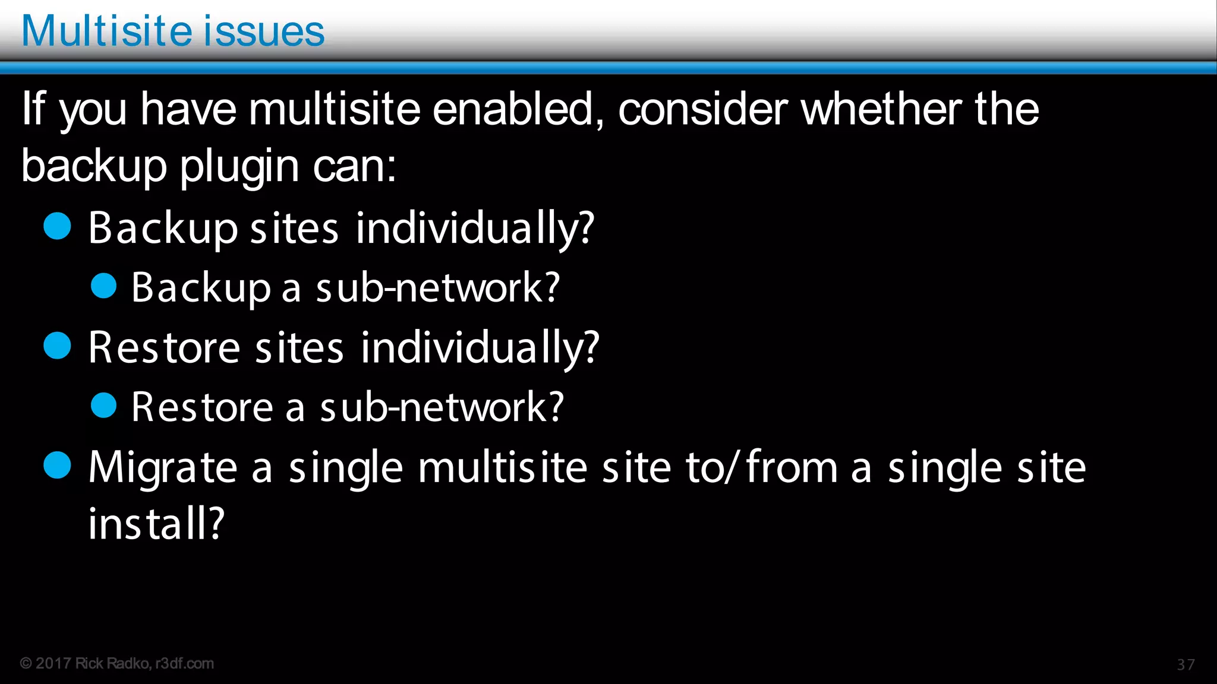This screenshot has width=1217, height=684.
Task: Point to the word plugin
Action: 239,167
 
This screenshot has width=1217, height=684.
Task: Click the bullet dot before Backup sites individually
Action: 58,226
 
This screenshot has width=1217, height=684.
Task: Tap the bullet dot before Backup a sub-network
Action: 103,286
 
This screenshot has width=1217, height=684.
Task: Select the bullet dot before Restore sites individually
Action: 58,346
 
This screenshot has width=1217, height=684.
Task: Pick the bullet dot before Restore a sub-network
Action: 103,406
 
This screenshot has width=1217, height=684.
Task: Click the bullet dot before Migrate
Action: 58,465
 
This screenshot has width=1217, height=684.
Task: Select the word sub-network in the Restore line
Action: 441,407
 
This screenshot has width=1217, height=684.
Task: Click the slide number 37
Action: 1186,664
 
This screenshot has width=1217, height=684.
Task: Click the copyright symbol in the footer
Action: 26,663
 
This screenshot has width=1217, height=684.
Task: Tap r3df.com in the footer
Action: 184,663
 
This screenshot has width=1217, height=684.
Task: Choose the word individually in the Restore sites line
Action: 480,348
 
